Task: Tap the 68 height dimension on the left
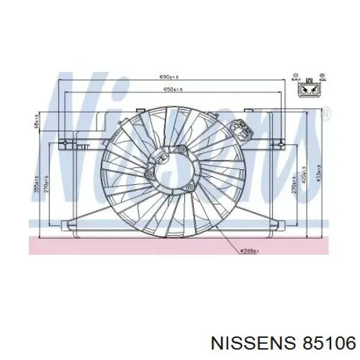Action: point(37,122)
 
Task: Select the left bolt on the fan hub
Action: point(147,174)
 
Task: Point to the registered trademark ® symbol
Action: point(325,112)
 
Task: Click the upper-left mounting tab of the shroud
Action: point(68,143)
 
